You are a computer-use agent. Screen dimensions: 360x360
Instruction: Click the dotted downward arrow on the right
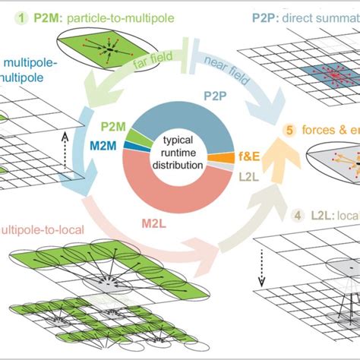[263, 270]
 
